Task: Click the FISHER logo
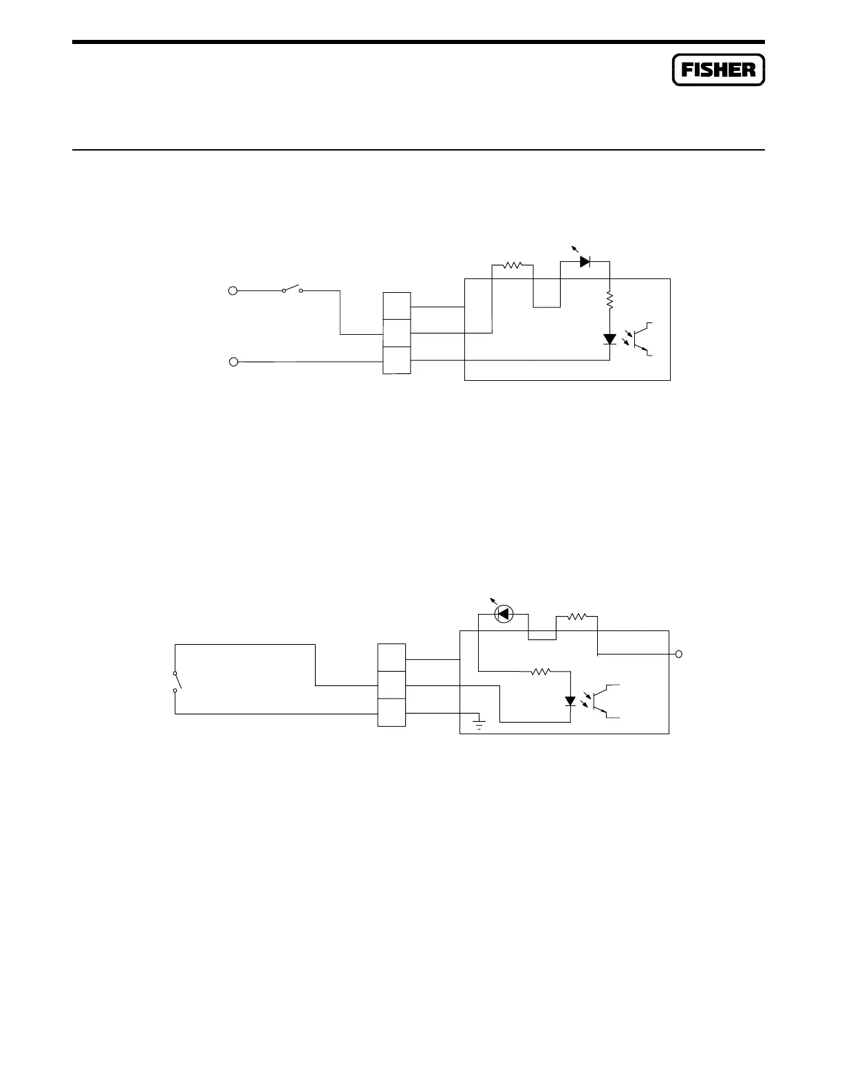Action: pyautogui.click(x=718, y=69)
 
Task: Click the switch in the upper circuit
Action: pyautogui.click(x=293, y=289)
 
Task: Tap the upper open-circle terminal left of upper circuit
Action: pyautogui.click(x=233, y=291)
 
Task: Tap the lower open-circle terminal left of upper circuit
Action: pyautogui.click(x=233, y=362)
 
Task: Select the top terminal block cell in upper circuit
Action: pyautogui.click(x=397, y=306)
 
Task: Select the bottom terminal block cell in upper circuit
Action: pyautogui.click(x=397, y=361)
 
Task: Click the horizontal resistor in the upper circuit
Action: pyautogui.click(x=513, y=264)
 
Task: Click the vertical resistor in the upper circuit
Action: pyautogui.click(x=610, y=298)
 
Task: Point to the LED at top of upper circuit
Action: pyautogui.click(x=585, y=261)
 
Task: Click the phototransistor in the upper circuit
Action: pyautogui.click(x=643, y=338)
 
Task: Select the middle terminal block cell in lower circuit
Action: pyautogui.click(x=391, y=685)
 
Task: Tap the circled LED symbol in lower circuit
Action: pyautogui.click(x=504, y=613)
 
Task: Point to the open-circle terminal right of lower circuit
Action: pyautogui.click(x=679, y=654)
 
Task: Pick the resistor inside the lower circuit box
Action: pyautogui.click(x=542, y=672)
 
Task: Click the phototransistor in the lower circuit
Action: pyautogui.click(x=604, y=701)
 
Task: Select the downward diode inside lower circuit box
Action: pyautogui.click(x=570, y=701)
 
